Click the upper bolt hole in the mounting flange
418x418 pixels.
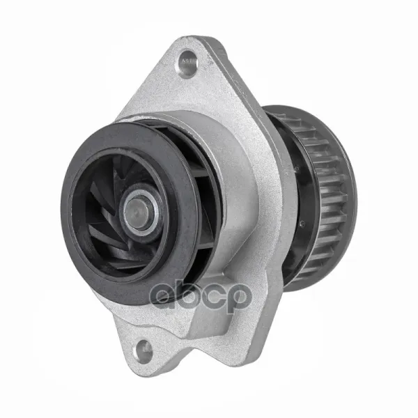[x=187, y=64]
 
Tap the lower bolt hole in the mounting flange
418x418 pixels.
[x=144, y=351]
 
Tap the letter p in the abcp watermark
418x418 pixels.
[x=239, y=298]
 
